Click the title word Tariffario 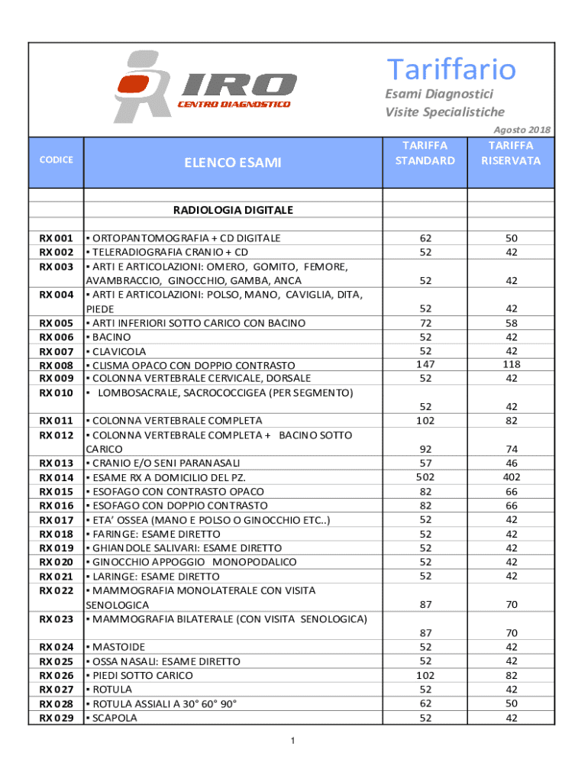pyautogui.click(x=451, y=69)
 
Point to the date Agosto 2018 pyautogui.click(x=522, y=130)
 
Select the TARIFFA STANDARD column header pyautogui.click(x=425, y=153)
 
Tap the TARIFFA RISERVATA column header pyautogui.click(x=511, y=153)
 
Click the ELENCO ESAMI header pyautogui.click(x=232, y=162)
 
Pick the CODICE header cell pyautogui.click(x=57, y=160)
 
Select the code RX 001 pyautogui.click(x=57, y=238)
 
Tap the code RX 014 pyautogui.click(x=57, y=477)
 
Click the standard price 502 pyautogui.click(x=425, y=477)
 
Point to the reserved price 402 pyautogui.click(x=511, y=477)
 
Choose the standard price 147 pyautogui.click(x=425, y=364)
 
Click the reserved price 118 pyautogui.click(x=511, y=364)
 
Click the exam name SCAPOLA pyautogui.click(x=115, y=718)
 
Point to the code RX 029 pyautogui.click(x=57, y=718)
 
